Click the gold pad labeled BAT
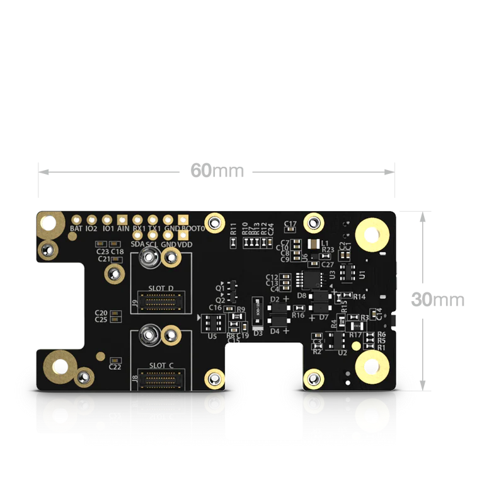76,220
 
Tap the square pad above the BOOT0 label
183,220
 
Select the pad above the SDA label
137,234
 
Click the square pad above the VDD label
183,234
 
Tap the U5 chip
210,323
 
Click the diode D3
257,310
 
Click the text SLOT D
161,288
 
